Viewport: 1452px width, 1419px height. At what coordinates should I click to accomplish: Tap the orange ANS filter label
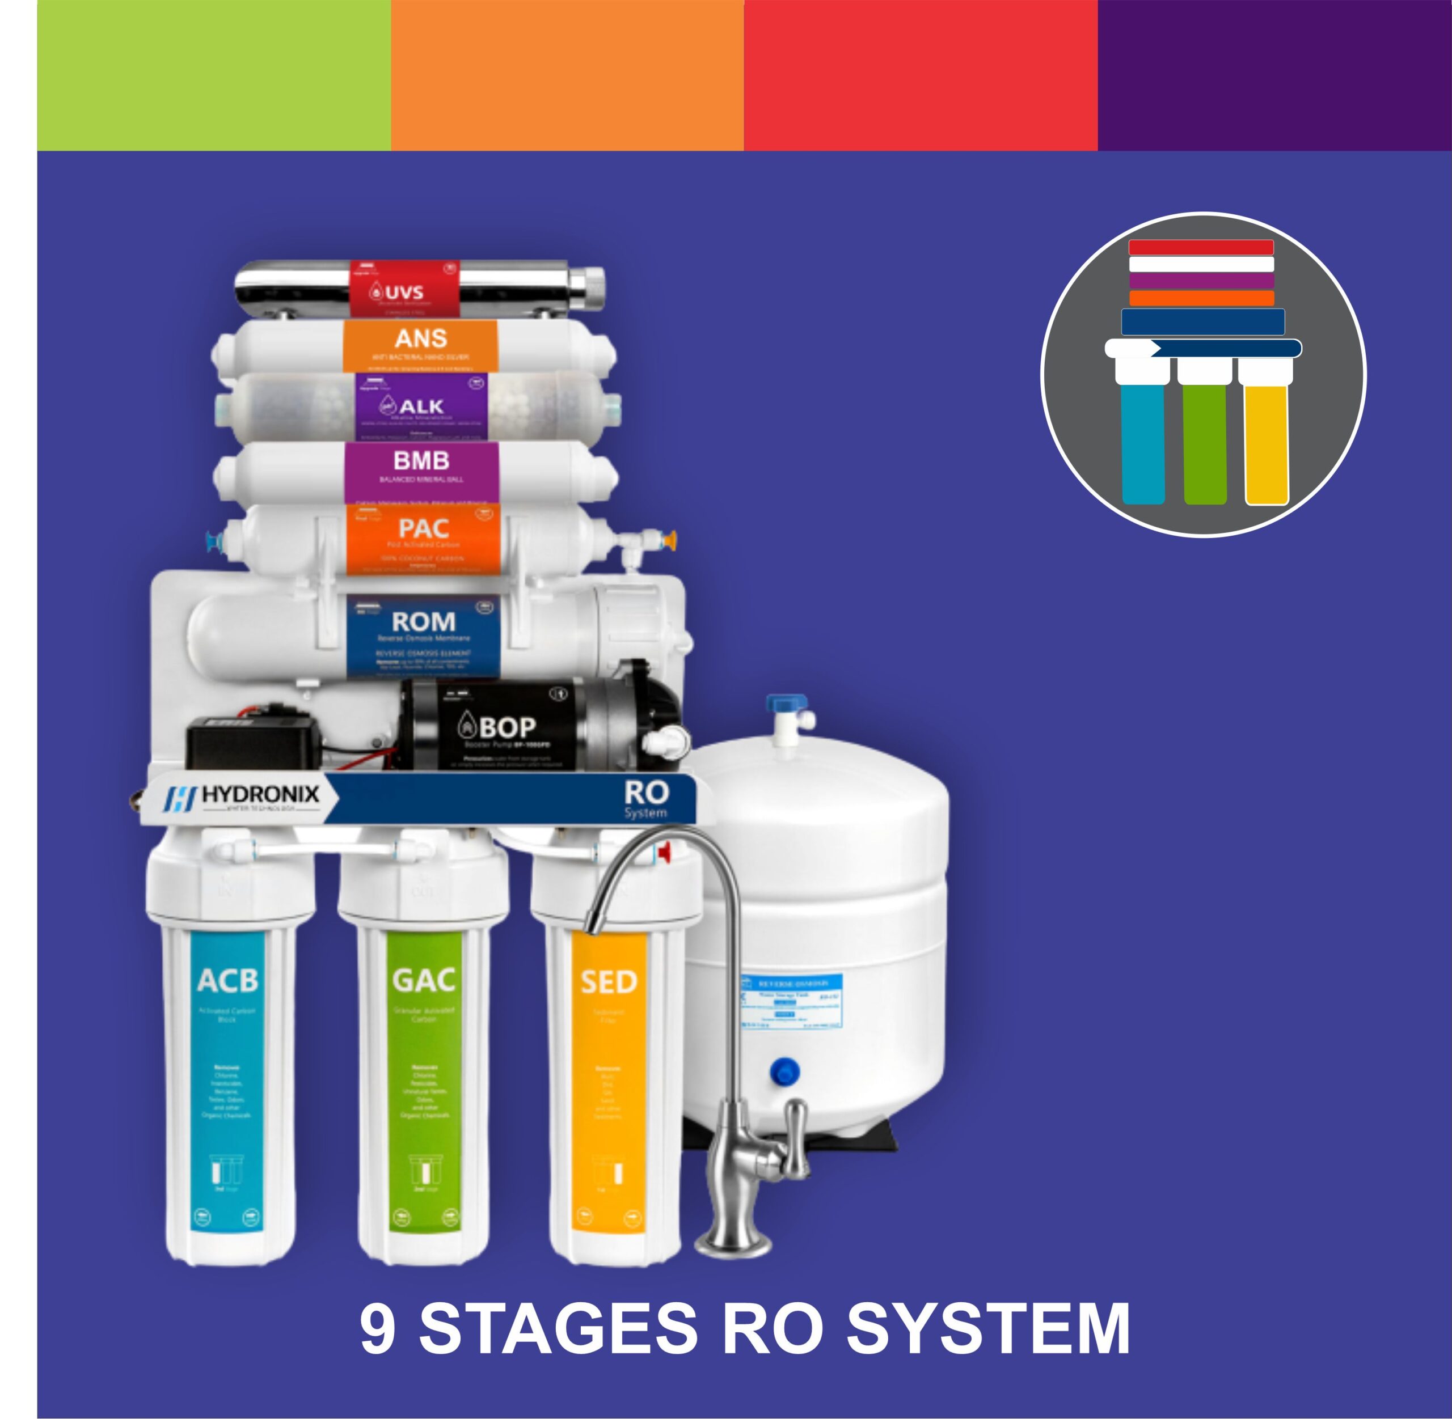[x=420, y=344]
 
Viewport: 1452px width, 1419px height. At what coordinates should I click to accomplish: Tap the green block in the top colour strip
[x=214, y=74]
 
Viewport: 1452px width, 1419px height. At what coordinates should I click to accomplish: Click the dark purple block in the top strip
[x=1274, y=74]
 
